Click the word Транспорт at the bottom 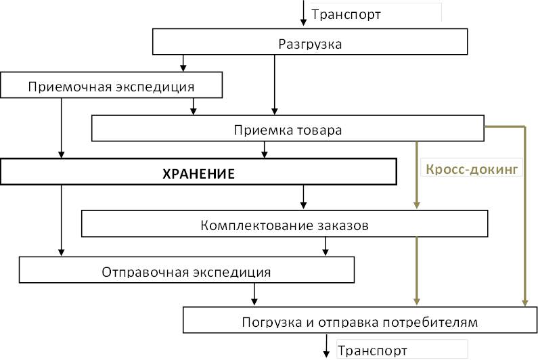click(x=372, y=351)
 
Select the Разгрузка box click(x=310, y=44)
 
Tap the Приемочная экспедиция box click(x=111, y=87)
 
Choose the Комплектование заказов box click(x=284, y=225)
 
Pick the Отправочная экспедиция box click(x=186, y=272)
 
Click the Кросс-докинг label click(x=473, y=169)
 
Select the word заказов click(x=342, y=225)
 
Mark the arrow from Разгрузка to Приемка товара click(x=274, y=85)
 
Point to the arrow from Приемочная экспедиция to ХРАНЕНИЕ click(x=62, y=129)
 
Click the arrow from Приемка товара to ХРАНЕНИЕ click(x=264, y=150)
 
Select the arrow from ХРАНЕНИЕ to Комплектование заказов click(x=303, y=197)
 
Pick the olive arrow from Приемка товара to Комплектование click(x=417, y=176)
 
